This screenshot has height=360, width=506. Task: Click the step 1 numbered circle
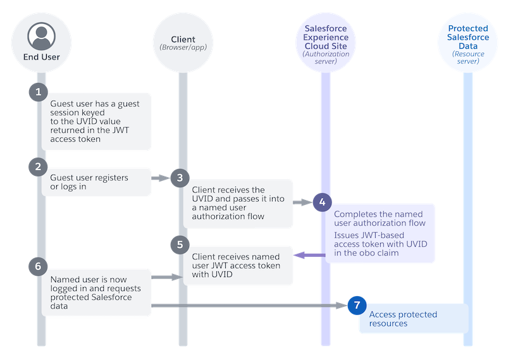(38, 92)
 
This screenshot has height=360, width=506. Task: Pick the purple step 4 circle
(322, 202)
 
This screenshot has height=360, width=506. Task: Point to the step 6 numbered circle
(38, 266)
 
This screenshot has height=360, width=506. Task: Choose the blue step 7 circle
(357, 306)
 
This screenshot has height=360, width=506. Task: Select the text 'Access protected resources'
(402, 319)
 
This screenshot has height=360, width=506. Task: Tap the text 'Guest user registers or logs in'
(89, 182)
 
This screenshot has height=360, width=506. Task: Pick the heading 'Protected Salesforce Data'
(468, 37)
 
